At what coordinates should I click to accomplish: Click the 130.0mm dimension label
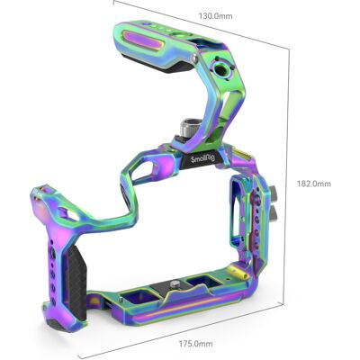point(215,16)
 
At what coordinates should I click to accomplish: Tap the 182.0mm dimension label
point(314,184)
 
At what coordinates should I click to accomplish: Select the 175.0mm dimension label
point(196,344)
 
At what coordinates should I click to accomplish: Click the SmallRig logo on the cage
point(202,158)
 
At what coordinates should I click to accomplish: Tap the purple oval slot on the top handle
point(143,40)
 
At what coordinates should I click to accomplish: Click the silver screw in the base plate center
point(174,283)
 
